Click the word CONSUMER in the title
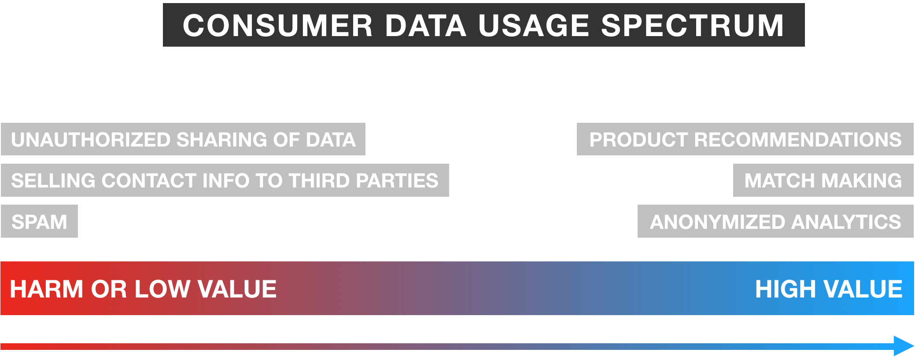click(x=277, y=25)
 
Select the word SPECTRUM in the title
click(x=693, y=25)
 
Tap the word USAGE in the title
click(x=534, y=25)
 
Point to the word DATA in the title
click(x=425, y=25)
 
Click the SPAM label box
click(x=39, y=221)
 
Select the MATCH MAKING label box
click(x=823, y=180)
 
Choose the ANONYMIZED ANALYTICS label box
click(x=775, y=221)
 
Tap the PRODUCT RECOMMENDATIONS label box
click(x=745, y=139)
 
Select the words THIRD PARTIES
click(x=363, y=180)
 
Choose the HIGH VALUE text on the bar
click(x=829, y=289)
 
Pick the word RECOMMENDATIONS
click(x=798, y=140)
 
